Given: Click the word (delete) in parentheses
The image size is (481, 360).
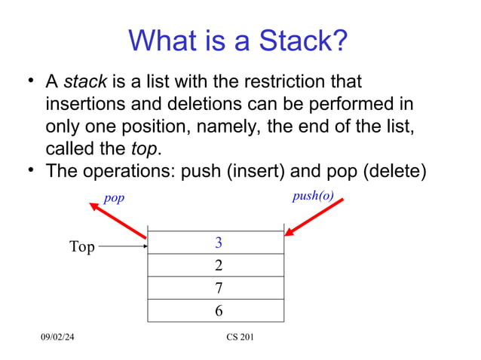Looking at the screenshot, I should [x=394, y=170].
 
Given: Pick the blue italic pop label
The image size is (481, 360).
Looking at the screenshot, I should [x=114, y=198].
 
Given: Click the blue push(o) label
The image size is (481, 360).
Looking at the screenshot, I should [x=312, y=197].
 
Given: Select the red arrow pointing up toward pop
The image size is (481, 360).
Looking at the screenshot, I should [x=118, y=221].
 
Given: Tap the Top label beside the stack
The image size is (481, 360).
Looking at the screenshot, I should [x=82, y=247].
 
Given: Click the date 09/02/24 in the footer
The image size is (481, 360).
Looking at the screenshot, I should [x=57, y=337].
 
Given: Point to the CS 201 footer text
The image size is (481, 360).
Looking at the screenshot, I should [x=240, y=337].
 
